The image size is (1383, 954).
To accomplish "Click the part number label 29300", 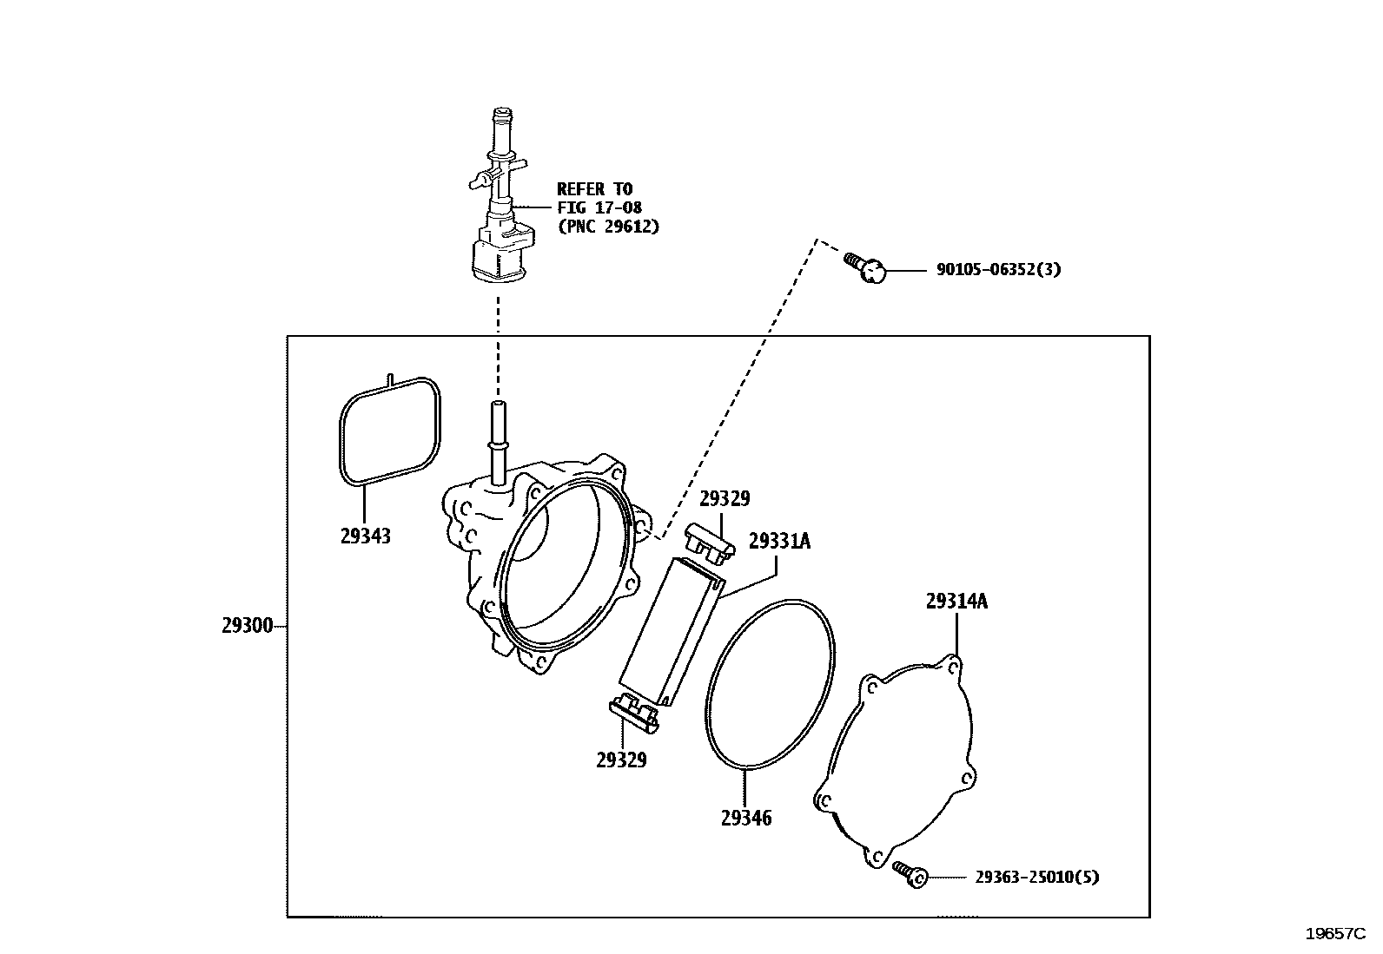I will click(248, 626).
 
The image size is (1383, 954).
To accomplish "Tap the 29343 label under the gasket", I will click(365, 536).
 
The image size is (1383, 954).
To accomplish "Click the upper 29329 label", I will click(725, 499).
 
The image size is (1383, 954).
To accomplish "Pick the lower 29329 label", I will click(621, 760).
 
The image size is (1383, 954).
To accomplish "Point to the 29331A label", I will click(779, 542).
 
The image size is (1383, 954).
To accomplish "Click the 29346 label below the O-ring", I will click(745, 818).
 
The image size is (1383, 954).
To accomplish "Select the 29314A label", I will click(956, 602).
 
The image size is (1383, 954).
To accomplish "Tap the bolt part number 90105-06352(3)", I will click(998, 270).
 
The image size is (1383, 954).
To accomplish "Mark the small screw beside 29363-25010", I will click(909, 875).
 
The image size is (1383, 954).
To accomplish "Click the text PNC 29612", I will click(608, 227).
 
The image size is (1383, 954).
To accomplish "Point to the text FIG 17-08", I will click(599, 207).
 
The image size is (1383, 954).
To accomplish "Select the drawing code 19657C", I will click(1336, 934).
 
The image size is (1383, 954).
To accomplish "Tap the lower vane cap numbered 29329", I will click(635, 709).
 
